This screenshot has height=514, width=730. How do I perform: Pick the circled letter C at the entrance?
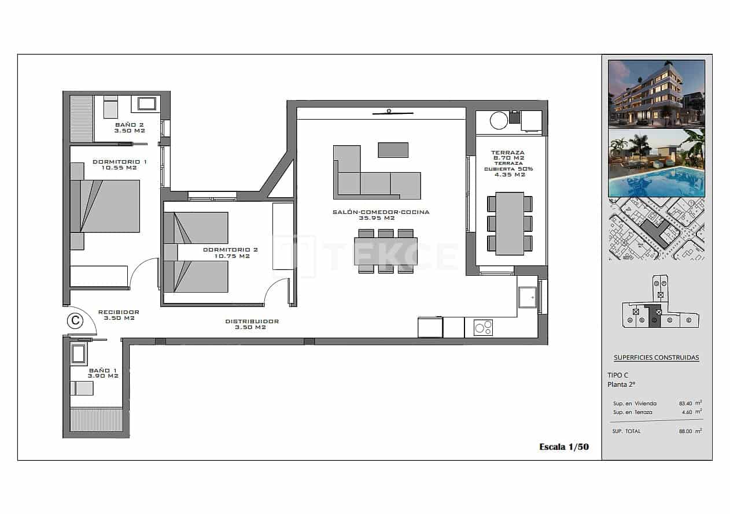[75, 320]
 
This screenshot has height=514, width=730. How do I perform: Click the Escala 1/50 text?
[563, 446]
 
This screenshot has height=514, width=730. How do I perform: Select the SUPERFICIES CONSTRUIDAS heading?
[656, 357]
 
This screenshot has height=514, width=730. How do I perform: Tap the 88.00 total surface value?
[687, 431]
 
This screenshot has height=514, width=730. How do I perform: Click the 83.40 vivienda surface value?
[687, 404]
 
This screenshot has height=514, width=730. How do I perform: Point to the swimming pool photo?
[656, 163]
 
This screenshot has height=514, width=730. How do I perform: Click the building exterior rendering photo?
[656, 94]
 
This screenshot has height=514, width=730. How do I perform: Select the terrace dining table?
[510, 223]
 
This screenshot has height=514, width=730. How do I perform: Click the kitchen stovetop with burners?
[483, 328]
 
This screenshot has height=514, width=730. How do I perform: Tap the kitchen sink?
[527, 298]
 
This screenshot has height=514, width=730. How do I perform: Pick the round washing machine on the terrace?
[499, 120]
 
